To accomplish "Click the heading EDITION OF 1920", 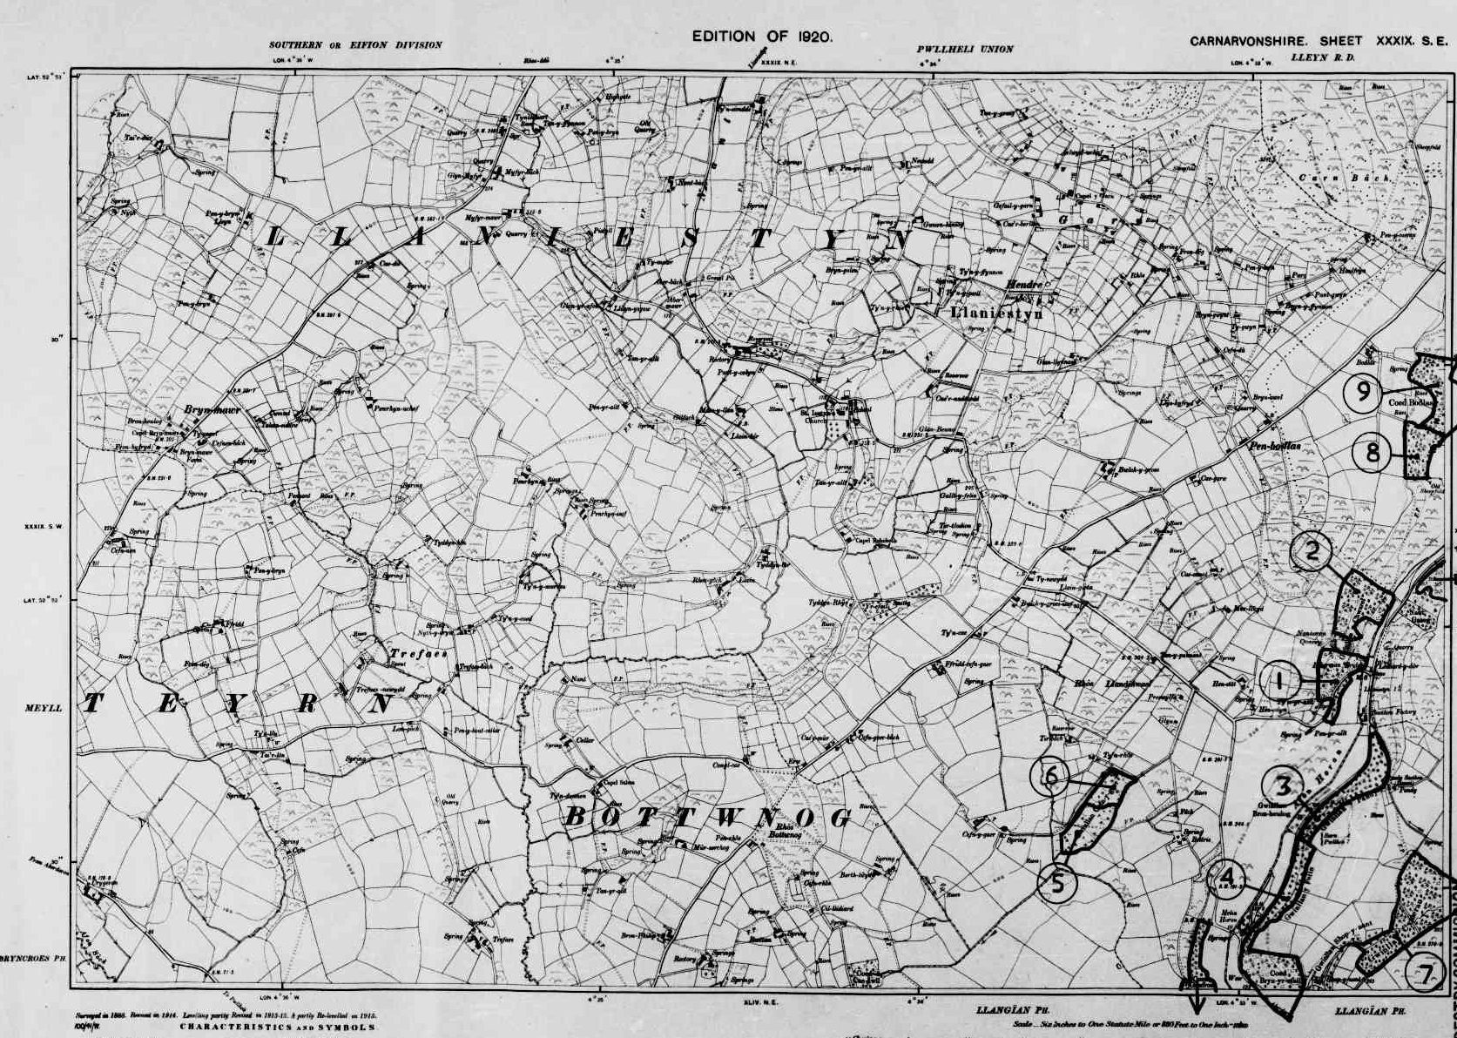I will point(762,36).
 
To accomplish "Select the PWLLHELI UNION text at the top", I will point(964,50).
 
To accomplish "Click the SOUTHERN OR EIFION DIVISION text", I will point(355,45).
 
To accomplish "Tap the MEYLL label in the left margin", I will point(44,708).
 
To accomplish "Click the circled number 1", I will point(1278,682).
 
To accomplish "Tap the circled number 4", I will point(1228,875).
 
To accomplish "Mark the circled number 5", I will point(1057,884).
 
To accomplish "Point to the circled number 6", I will point(1051,774).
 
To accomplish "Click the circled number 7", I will point(1425,974).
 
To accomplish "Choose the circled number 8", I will point(1373,452).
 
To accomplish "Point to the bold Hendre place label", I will point(1023,284).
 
